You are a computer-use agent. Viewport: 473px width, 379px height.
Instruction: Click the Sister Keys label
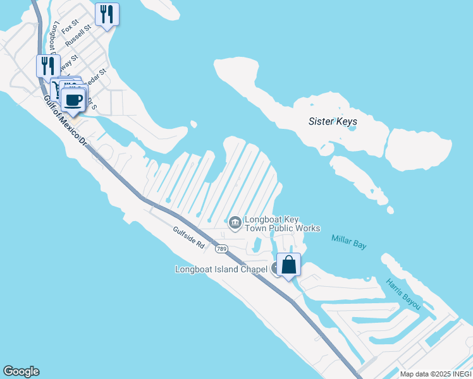[333, 121]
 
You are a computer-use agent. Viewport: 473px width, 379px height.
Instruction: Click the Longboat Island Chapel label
[221, 270]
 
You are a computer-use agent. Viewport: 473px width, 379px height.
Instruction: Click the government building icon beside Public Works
[235, 222]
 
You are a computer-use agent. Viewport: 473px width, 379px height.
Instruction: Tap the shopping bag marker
[289, 265]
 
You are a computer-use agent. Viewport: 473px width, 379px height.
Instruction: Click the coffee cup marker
[73, 100]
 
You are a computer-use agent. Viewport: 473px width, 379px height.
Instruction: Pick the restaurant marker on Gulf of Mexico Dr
[47, 65]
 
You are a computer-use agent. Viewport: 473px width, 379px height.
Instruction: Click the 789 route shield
[221, 249]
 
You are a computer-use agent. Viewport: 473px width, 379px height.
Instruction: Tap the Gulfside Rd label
[189, 236]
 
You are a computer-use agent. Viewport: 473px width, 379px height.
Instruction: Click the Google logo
[21, 371]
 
